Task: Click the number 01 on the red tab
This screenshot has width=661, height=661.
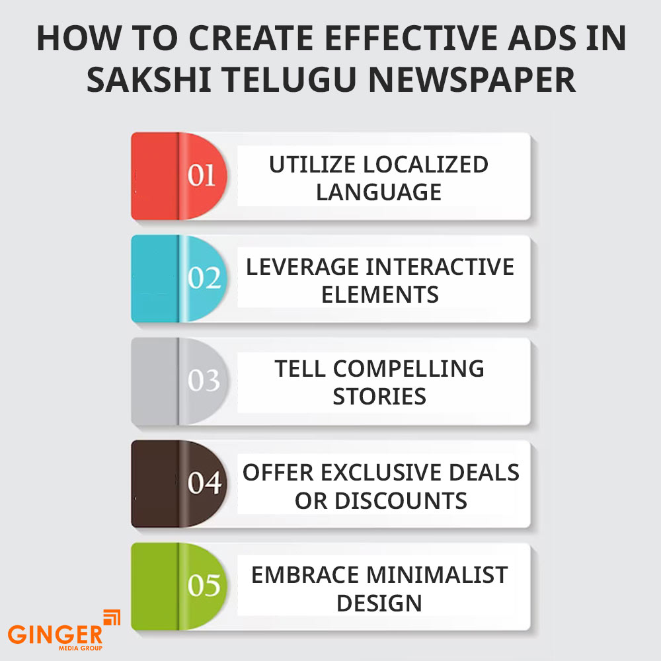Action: point(202,175)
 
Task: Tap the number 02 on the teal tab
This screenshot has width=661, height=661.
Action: point(204,278)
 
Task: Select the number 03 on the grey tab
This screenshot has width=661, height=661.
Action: point(204,380)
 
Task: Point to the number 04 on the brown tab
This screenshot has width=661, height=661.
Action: point(204,483)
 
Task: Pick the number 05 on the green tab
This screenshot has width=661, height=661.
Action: point(204,585)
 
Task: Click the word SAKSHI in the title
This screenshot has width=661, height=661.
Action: point(149,80)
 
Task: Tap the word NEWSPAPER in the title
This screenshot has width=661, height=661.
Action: point(472,80)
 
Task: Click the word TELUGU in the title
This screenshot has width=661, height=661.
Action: point(290,80)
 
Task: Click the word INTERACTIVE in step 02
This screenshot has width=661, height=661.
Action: point(440,267)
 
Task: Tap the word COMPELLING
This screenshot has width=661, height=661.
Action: point(408,369)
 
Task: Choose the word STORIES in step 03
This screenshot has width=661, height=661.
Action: point(379,397)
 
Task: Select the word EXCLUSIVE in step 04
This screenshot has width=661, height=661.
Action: point(381,472)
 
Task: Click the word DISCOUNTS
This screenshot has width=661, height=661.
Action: point(401,501)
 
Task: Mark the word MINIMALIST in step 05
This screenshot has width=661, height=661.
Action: point(437,575)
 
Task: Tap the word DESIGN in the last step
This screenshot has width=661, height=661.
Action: point(379,603)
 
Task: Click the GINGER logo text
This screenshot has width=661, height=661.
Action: point(56,635)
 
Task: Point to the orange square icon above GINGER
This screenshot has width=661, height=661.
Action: point(112,617)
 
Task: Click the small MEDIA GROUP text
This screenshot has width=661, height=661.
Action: point(80,648)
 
